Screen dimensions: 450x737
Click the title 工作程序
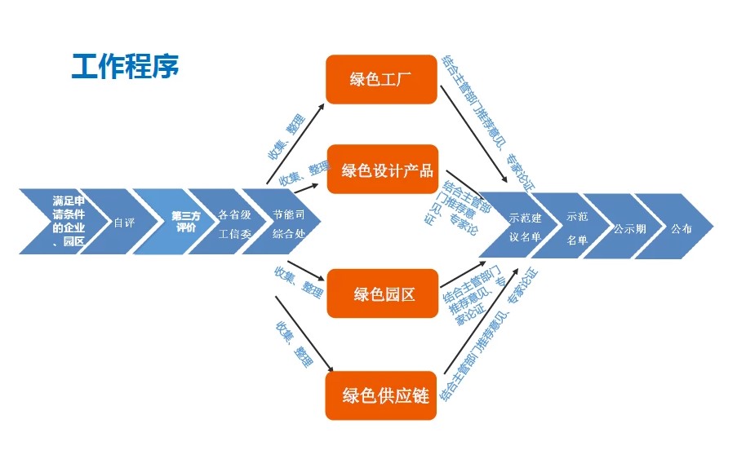pos(125,65)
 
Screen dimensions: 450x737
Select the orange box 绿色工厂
pos(380,80)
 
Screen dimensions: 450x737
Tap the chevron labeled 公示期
pos(629,228)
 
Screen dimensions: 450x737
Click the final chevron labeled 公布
pos(682,228)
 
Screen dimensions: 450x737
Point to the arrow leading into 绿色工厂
pos(295,142)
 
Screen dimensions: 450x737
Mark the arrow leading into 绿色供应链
pos(304,334)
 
